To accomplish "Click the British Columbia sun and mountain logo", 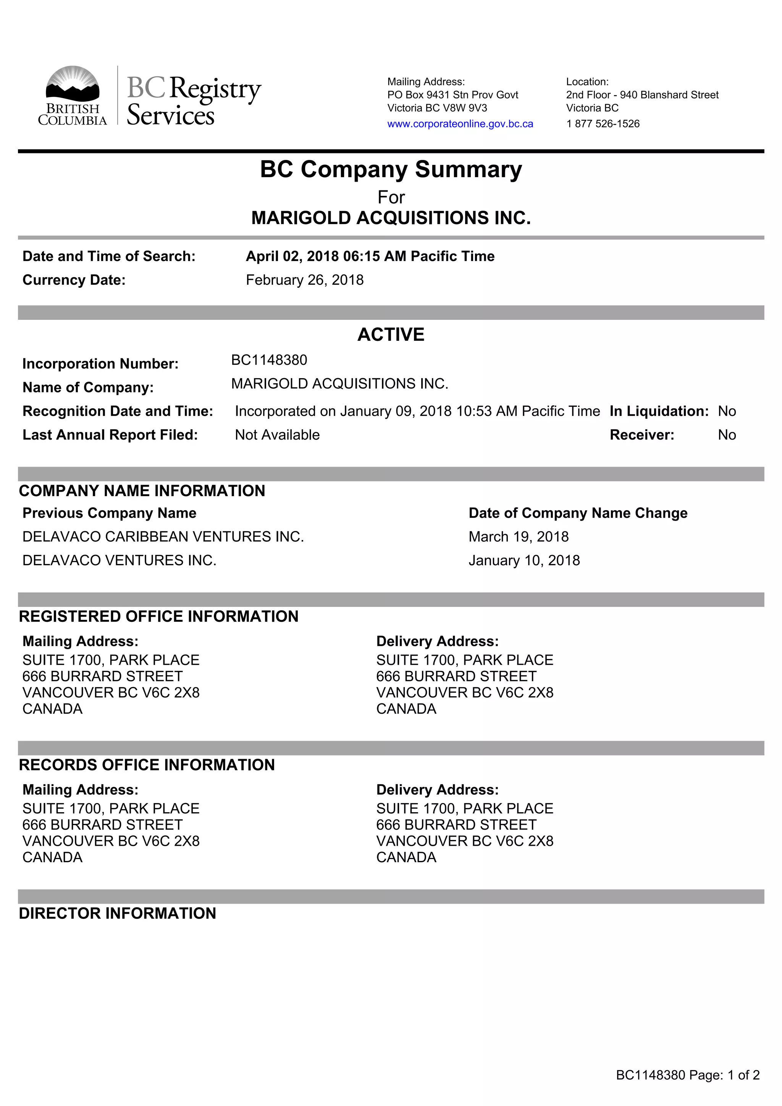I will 72,84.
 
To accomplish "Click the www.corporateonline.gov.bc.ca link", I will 460,124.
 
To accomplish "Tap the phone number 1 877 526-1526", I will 603,124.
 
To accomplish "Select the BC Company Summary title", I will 391,169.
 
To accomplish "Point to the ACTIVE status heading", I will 391,334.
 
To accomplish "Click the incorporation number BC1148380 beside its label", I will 269,360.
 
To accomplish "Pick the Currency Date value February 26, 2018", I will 304,280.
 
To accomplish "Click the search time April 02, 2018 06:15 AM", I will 370,256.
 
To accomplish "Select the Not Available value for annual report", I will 277,435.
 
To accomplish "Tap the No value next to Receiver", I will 726,435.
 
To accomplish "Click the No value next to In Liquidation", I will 726,411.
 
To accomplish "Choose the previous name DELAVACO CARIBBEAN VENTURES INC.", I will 163,537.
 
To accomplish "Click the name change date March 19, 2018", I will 519,537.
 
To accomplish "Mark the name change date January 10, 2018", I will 524,560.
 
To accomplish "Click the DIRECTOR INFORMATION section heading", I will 118,913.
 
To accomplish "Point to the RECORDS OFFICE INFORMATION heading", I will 147,765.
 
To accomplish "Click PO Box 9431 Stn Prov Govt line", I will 452,95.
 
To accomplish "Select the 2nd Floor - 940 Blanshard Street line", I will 642,95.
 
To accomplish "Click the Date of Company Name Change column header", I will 578,513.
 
